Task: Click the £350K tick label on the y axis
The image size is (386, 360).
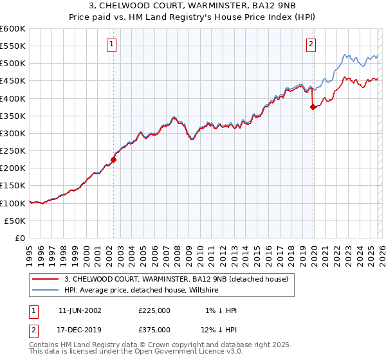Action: coord(13,116)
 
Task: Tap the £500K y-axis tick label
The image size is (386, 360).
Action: coord(13,64)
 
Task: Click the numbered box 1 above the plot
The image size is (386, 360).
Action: coord(112,44)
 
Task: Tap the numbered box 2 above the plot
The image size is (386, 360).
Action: coord(311,44)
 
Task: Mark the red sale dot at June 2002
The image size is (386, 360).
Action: coord(114,159)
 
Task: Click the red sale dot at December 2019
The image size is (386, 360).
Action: coord(313,107)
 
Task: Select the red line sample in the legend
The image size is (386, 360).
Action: coord(46,279)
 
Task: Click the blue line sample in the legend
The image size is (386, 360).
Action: coord(46,290)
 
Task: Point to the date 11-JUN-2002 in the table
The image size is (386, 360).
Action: coord(80,310)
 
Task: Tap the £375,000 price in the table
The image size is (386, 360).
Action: coord(154,330)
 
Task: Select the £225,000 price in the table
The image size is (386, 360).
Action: coord(154,310)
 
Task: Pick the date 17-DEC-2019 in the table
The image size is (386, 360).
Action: coord(80,330)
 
